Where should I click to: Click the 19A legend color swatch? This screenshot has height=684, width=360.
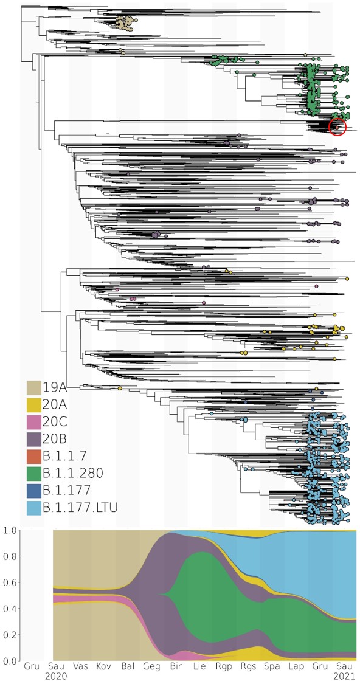pos(33,387)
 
